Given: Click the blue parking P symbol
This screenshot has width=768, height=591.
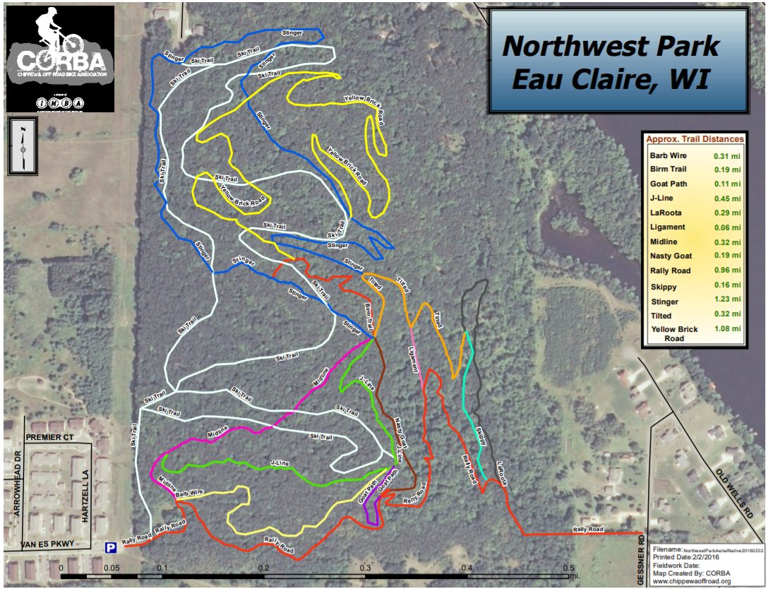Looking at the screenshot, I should [111, 547].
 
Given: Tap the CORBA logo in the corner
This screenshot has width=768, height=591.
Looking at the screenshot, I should [60, 59].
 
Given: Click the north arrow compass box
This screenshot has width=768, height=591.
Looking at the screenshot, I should [23, 146].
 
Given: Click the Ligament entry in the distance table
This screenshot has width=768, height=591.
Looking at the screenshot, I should [667, 227].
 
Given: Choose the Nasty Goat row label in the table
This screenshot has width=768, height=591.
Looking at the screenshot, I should [671, 256].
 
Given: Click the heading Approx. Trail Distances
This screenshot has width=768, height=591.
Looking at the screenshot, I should [695, 139].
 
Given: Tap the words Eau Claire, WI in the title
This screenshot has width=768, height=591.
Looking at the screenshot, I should [611, 79].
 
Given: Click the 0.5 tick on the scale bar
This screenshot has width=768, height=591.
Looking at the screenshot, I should [568, 568].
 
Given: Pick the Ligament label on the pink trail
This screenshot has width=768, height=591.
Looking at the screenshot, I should [414, 359].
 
